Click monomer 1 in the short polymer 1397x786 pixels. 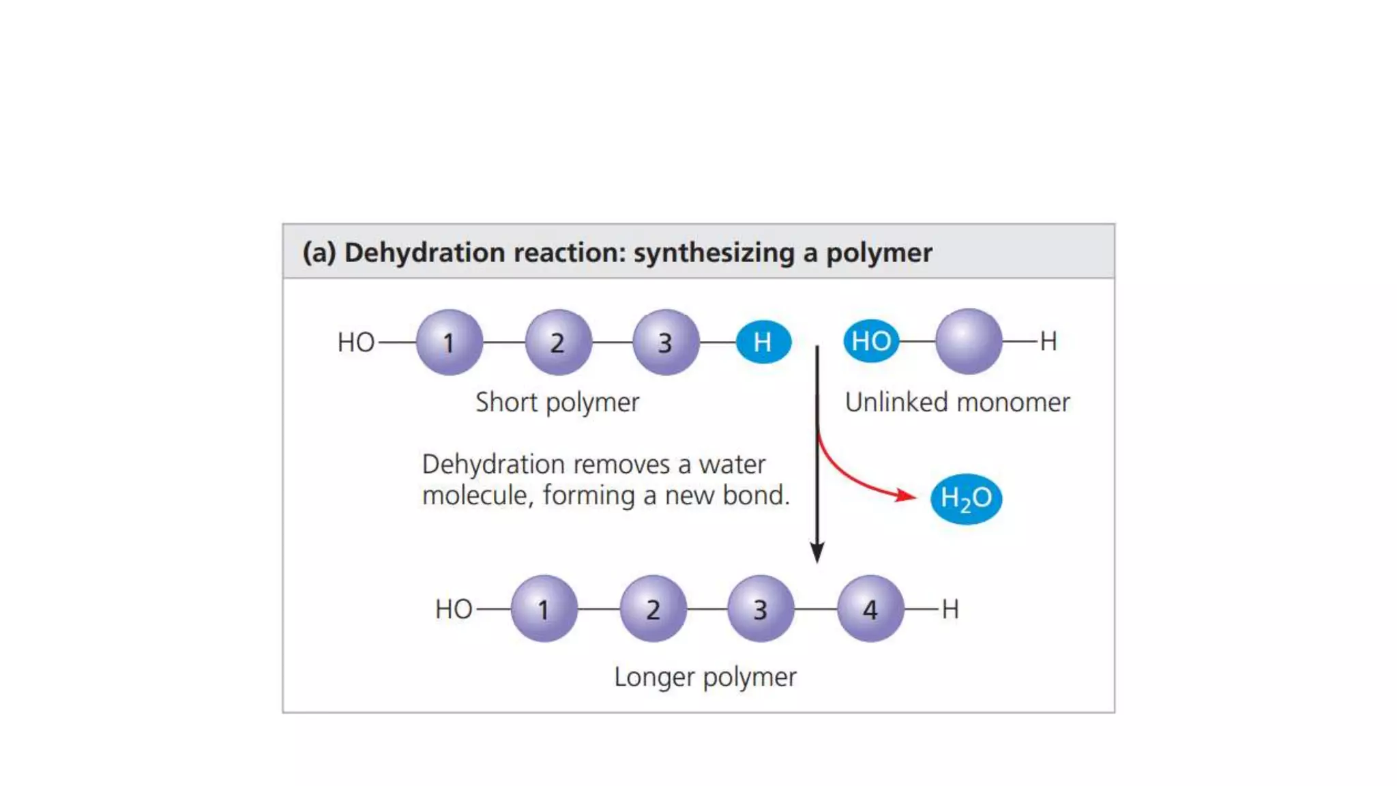tap(449, 342)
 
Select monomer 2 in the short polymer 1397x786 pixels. tap(558, 342)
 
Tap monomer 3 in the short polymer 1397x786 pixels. tap(666, 342)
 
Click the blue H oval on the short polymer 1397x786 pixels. tap(763, 342)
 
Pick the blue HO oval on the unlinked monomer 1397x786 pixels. tap(871, 340)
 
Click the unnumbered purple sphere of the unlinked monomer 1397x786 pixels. tap(969, 340)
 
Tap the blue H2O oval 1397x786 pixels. tap(966, 499)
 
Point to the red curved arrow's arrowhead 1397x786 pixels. tap(907, 495)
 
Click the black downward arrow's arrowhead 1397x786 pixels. tap(817, 553)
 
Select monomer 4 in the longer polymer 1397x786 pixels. tap(870, 609)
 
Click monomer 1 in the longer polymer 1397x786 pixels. tap(544, 609)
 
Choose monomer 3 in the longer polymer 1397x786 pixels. tap(761, 609)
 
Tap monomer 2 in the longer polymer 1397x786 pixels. tap(653, 609)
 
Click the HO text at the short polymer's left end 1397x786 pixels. tap(356, 343)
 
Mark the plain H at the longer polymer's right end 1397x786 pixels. tap(950, 609)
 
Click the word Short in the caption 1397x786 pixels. tap(506, 402)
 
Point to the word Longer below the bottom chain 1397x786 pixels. tap(654, 677)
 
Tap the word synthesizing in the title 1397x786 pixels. tap(714, 252)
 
